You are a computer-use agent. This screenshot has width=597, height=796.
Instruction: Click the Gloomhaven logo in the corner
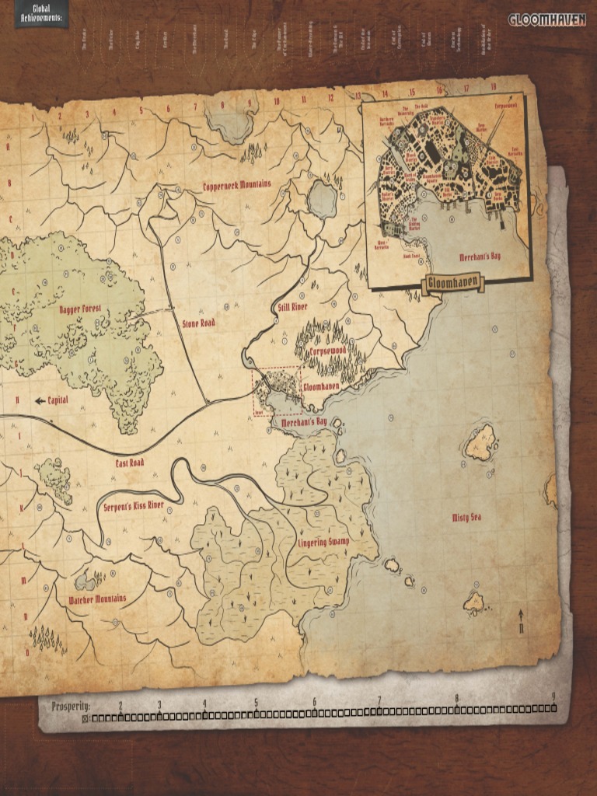(548, 19)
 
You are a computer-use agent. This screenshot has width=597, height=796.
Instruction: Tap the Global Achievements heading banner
(40, 13)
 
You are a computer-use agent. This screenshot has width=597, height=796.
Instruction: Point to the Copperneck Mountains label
(237, 185)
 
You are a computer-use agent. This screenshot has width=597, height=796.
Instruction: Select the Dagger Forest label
(80, 309)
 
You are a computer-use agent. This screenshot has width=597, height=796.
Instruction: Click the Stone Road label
(198, 322)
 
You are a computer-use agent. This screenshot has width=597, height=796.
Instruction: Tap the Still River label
(293, 308)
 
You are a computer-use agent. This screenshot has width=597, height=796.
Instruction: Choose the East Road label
(130, 463)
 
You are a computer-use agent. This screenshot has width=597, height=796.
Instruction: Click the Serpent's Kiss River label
(134, 506)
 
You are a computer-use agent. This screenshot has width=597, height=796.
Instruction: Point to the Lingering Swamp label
(324, 541)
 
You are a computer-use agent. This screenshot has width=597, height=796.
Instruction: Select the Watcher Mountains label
(97, 599)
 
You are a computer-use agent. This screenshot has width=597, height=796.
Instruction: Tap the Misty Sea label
(467, 517)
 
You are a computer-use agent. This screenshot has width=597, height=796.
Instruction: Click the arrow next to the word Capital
(40, 400)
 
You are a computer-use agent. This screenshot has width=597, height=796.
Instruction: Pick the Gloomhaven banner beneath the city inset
(452, 284)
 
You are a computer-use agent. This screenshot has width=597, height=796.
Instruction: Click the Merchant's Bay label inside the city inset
(480, 256)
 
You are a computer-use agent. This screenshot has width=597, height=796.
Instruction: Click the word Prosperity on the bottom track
(71, 707)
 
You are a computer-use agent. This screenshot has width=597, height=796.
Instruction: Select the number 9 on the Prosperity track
(553, 696)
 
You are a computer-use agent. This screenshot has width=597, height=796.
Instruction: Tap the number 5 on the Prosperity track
(256, 703)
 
